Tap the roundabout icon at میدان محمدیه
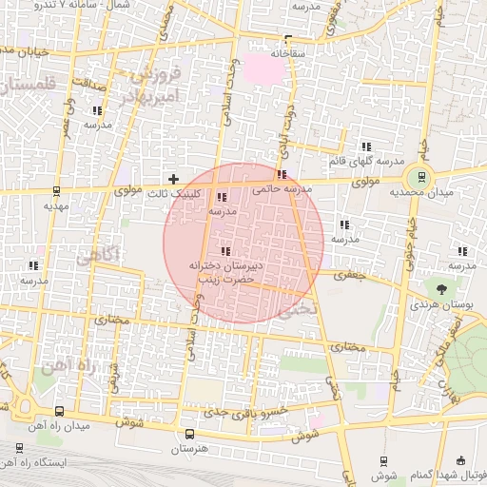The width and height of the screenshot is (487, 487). tap(418, 178)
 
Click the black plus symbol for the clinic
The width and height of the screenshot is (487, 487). tap(173, 178)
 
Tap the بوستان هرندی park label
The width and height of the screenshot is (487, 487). tap(441, 305)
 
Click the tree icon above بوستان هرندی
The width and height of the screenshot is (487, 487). tap(441, 288)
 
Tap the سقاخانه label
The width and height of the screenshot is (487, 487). tap(287, 53)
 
